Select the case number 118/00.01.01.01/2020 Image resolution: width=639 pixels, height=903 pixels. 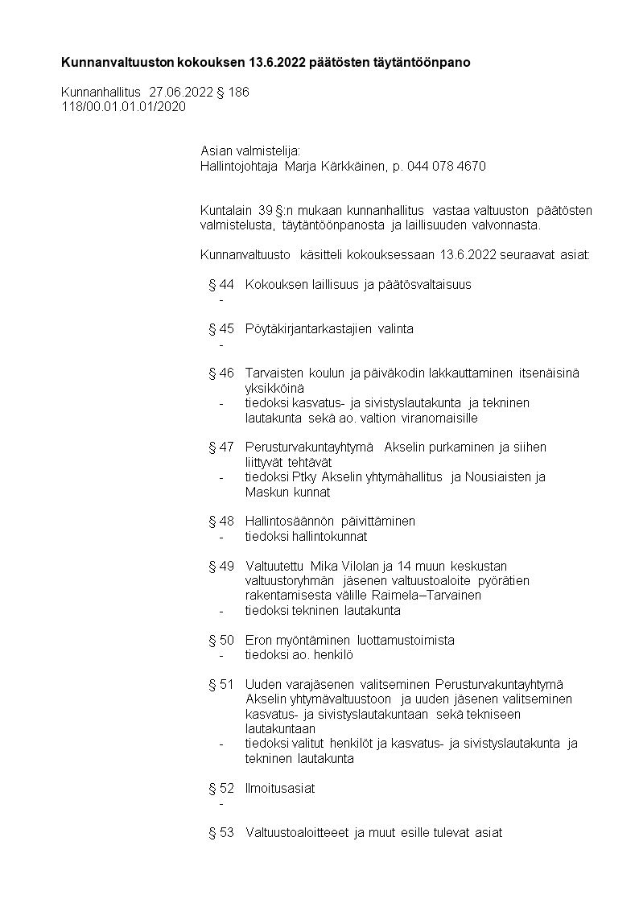pos(123,107)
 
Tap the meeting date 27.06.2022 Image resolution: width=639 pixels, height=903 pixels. pos(181,93)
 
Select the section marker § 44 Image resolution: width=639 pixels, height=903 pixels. pos(221,284)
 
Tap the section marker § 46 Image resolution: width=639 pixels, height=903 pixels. pos(221,373)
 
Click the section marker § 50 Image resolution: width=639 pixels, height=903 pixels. pos(221,640)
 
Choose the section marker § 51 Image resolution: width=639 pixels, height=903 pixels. pos(221,684)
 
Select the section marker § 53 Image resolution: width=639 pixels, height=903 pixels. pos(221,832)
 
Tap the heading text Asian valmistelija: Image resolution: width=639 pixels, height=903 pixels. pos(249,151)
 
